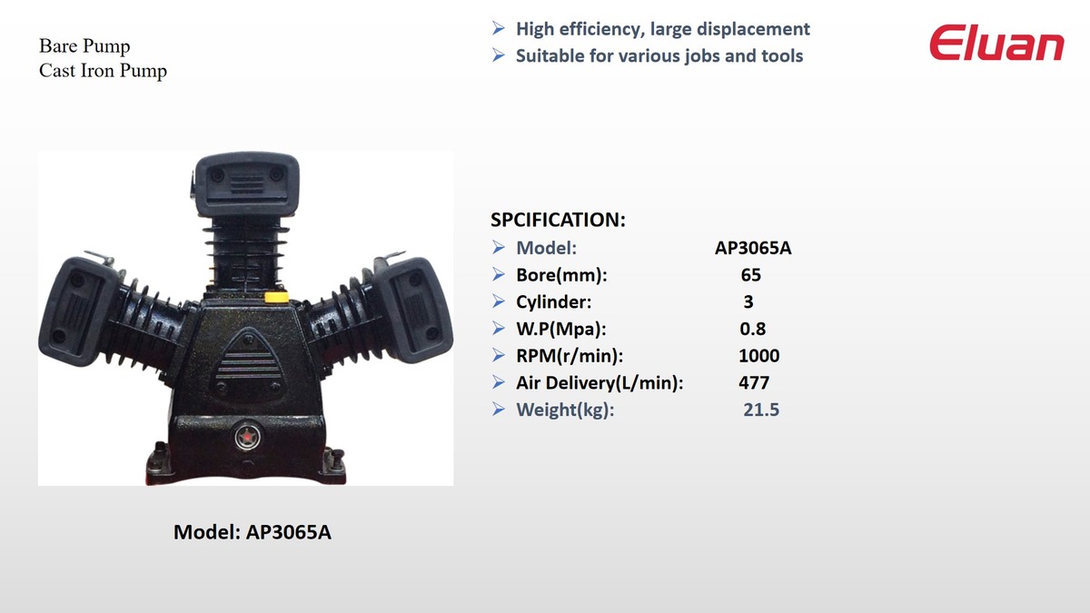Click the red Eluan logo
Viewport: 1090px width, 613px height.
[996, 43]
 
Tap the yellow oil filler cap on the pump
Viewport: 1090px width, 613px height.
[276, 296]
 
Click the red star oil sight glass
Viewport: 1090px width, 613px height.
[247, 437]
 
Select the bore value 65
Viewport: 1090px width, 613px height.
[751, 275]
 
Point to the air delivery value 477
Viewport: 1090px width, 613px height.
[754, 383]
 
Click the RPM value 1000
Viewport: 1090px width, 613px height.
[758, 356]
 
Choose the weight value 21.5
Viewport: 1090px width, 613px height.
[761, 410]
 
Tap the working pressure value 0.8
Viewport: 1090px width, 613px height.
[753, 329]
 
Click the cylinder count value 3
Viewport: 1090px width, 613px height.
[748, 302]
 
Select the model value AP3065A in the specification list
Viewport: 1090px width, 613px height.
[753, 248]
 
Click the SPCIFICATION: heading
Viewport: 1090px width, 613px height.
[558, 220]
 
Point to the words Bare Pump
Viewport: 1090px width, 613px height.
[84, 46]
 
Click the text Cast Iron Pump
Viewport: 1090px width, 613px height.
[103, 71]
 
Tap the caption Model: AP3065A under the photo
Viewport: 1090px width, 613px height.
[253, 532]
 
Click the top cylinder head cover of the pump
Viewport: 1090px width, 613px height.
[246, 183]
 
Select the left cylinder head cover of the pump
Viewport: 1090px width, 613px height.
[78, 311]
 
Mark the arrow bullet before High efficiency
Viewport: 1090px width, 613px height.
[499, 28]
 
